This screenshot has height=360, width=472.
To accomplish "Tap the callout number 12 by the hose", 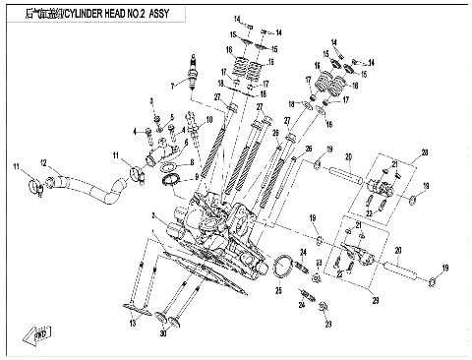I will click(43, 162).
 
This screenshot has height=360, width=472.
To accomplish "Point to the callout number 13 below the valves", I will click(130, 322).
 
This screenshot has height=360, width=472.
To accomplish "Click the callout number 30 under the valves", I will click(163, 333).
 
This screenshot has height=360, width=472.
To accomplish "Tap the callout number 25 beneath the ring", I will click(278, 290).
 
